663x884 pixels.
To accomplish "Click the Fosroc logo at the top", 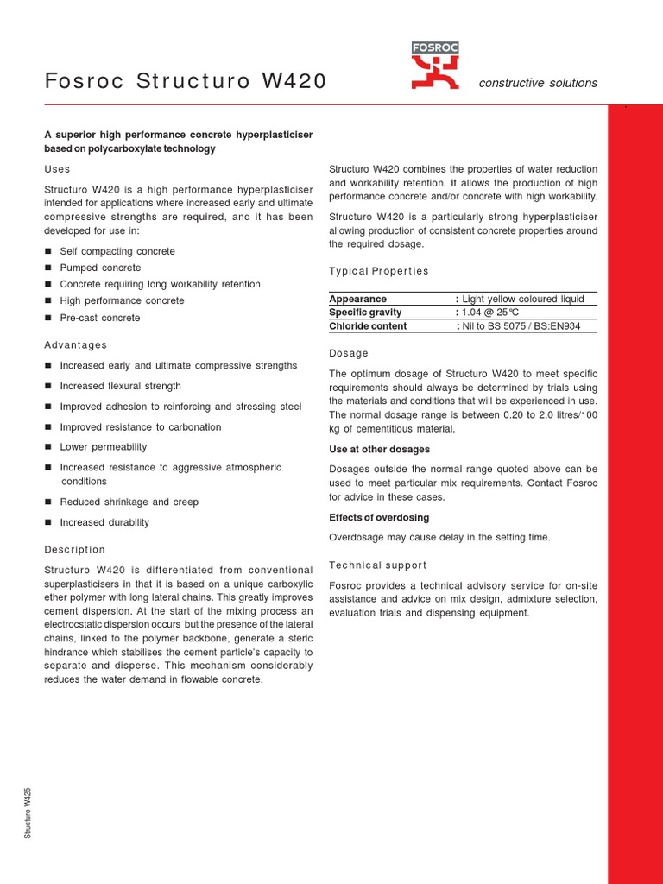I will (x=436, y=66).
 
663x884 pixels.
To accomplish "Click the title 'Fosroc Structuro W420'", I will (x=186, y=82).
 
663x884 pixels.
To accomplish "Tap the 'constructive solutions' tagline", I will (x=538, y=83).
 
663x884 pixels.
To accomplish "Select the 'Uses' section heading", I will (x=57, y=169).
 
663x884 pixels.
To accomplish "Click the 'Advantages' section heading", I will (x=76, y=345).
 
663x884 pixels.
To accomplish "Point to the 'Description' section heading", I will (x=75, y=550).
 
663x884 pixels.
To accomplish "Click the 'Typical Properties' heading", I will (x=379, y=271).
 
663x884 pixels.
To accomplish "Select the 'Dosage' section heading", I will (x=349, y=353).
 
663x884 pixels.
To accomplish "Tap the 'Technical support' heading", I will (x=378, y=565).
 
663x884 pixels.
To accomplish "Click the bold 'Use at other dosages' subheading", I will (x=379, y=450).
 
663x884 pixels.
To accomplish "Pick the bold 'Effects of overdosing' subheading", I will (x=379, y=518).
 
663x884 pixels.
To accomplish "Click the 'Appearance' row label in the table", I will (x=357, y=299).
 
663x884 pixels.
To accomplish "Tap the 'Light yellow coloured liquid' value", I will (x=523, y=299).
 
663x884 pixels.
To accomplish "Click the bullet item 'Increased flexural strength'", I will (x=120, y=386).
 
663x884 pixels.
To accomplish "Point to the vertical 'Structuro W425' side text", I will (x=28, y=812).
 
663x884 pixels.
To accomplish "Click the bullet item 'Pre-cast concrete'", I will (x=99, y=318).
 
